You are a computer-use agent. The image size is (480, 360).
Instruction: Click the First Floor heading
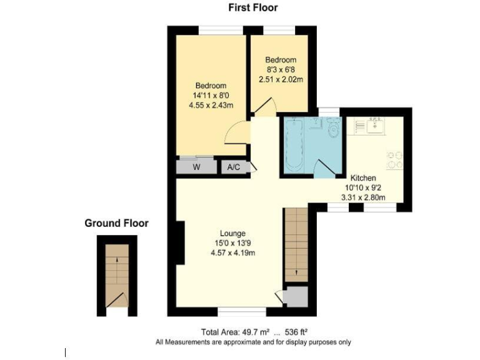[x=252, y=8]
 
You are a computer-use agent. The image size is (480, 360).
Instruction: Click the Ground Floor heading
[x=116, y=223]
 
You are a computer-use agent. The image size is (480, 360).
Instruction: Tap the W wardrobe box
[x=196, y=167]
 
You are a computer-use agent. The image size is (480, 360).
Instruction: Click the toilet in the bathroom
[x=332, y=130]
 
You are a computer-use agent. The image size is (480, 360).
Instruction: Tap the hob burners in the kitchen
[x=394, y=160]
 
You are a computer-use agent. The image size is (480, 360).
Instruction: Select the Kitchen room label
[x=362, y=178]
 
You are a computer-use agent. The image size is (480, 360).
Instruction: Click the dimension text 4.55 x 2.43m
[x=211, y=106]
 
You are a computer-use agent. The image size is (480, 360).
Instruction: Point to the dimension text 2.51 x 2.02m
[x=281, y=80]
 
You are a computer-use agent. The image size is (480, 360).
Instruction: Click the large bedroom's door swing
[x=237, y=132]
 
